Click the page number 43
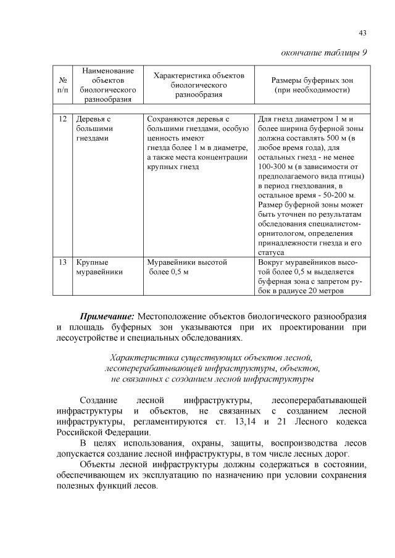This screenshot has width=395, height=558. click(x=363, y=33)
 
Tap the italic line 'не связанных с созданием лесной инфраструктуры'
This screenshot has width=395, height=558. click(x=211, y=378)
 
